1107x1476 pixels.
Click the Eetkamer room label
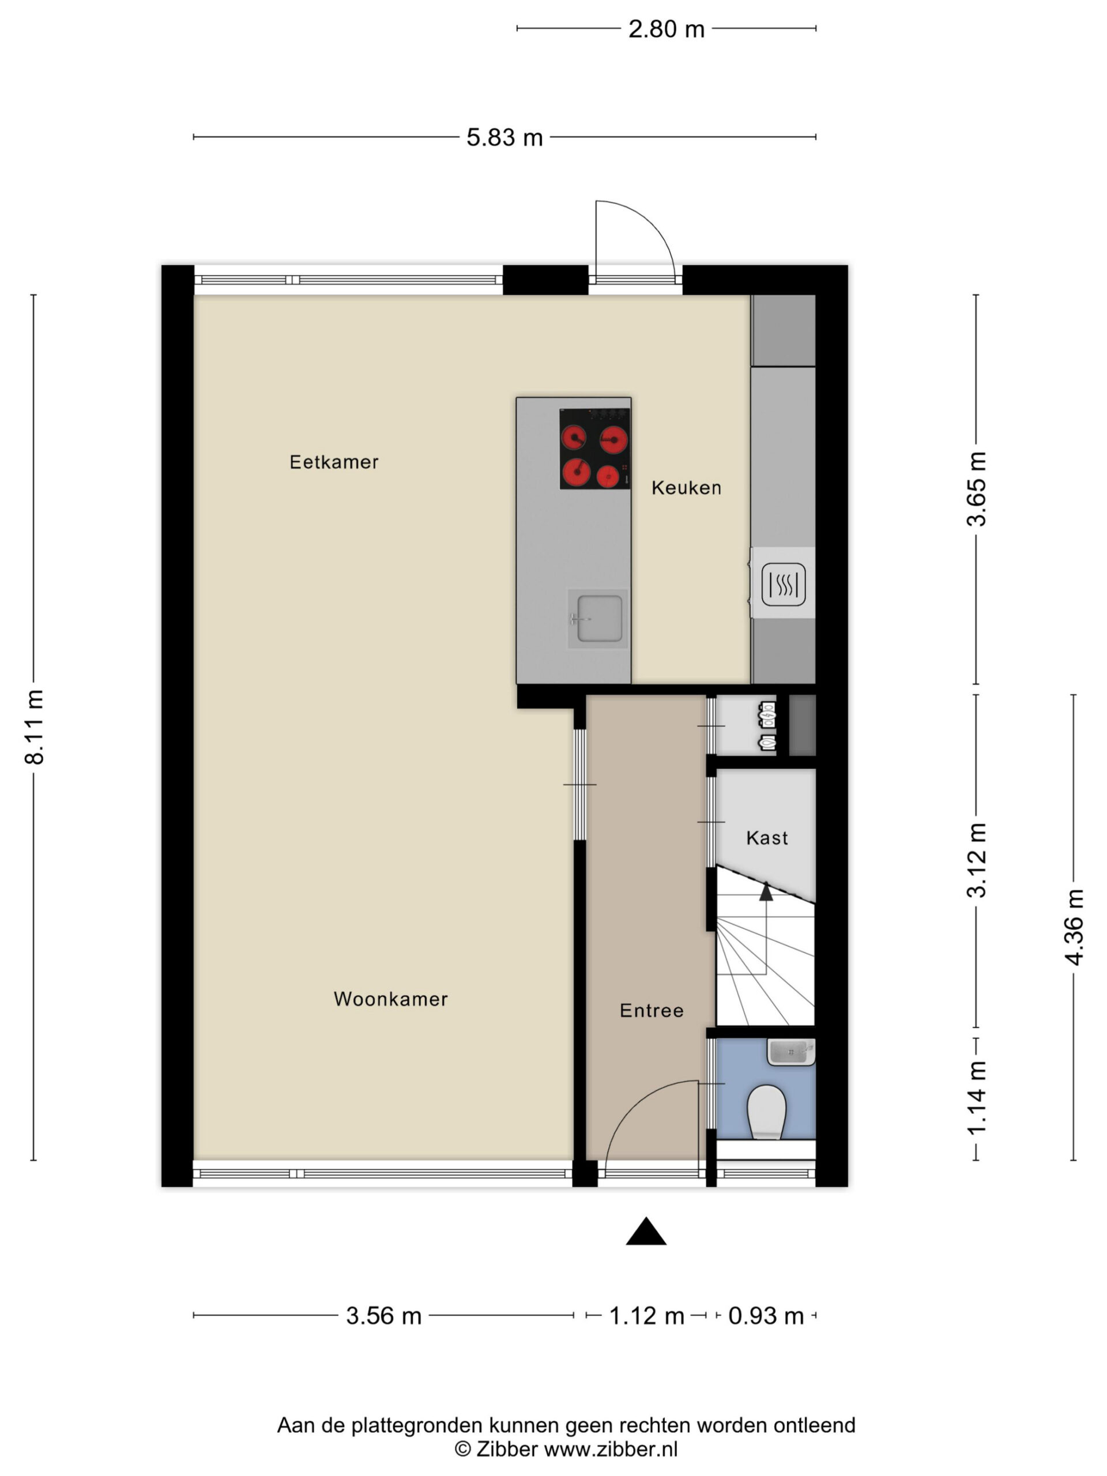(334, 462)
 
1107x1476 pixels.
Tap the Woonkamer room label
(390, 999)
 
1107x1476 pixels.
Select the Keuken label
(686, 488)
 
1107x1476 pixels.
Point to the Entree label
(652, 1010)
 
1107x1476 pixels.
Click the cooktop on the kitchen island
(594, 449)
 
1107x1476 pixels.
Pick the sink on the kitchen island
(598, 618)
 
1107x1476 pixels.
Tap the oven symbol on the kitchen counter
(784, 584)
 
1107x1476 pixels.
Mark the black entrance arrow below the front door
(646, 1231)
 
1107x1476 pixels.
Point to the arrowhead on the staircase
(766, 891)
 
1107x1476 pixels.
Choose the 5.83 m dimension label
(504, 137)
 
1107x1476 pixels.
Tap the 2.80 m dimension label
(666, 29)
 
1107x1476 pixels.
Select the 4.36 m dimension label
(1074, 927)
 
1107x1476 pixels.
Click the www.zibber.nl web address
(611, 1449)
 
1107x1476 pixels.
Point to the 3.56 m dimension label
(383, 1316)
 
